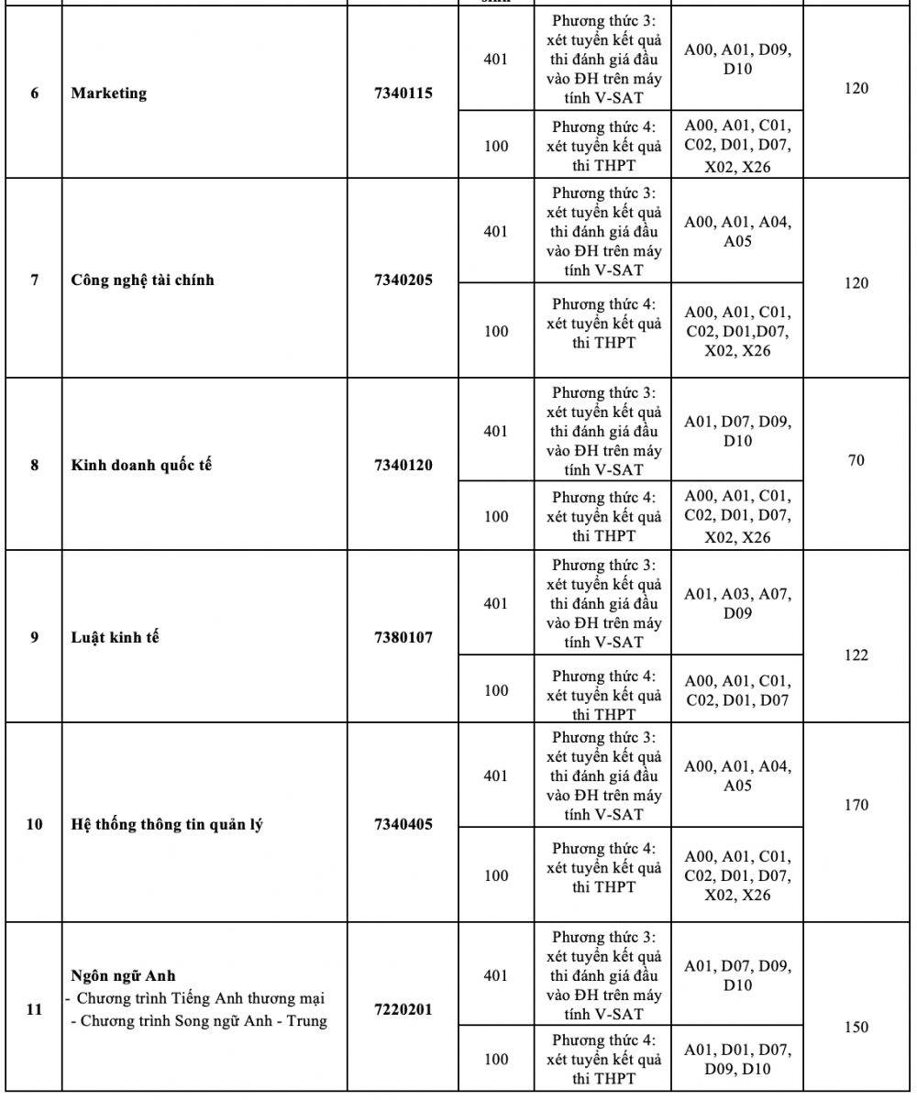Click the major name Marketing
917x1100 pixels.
point(108,93)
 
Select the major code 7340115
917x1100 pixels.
point(403,93)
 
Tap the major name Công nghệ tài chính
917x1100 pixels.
point(142,280)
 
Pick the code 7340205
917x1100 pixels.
point(403,280)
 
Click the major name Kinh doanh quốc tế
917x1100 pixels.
point(137,465)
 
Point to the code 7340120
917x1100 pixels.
point(403,465)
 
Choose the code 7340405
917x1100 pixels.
point(403,823)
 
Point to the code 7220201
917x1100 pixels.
point(403,1009)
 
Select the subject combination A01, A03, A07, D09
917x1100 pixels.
point(737,603)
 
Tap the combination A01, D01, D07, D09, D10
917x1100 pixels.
point(737,1059)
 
